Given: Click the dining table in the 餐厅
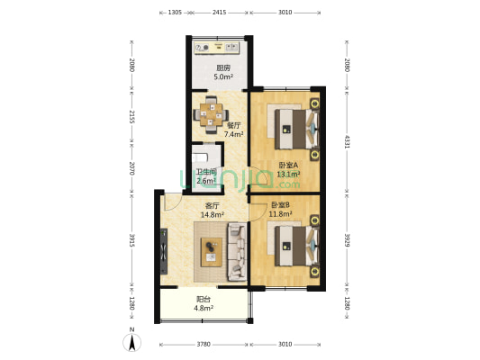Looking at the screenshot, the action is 212,115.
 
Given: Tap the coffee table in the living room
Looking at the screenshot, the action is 212,252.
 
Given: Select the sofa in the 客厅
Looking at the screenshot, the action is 237,252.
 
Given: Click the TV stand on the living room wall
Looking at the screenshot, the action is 164,251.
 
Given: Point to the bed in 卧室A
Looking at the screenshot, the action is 296,130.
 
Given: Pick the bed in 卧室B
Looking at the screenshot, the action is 296,246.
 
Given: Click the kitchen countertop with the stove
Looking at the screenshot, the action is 217,48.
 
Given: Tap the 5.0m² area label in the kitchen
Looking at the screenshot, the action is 223,76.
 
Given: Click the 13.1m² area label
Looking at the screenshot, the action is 288,175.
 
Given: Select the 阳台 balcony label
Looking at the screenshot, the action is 204,300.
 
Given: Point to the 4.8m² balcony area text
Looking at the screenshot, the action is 204,308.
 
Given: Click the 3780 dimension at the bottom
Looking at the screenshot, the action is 204,345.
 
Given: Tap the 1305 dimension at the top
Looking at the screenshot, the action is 175,13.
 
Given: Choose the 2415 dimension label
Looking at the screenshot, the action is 219,13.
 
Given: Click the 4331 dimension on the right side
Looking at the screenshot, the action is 347,141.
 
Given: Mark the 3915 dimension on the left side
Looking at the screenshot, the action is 132,240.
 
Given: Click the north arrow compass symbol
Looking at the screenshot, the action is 132,340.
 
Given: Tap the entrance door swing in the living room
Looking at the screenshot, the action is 172,202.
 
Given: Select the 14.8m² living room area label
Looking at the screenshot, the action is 213,215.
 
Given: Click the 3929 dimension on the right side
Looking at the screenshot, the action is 347,240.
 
